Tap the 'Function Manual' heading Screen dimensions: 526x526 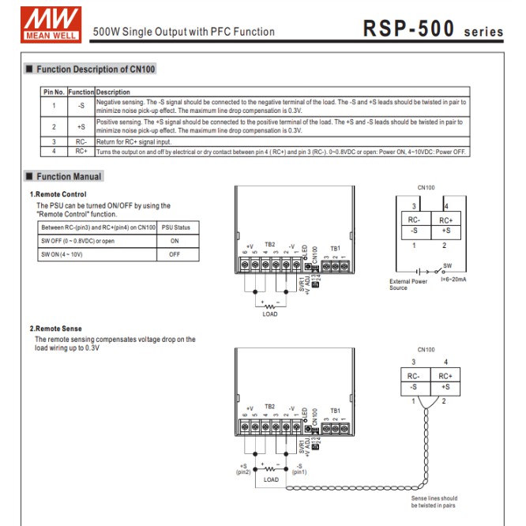click(69, 177)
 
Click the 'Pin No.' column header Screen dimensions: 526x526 click(54, 92)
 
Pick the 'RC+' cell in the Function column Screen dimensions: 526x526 click(81, 150)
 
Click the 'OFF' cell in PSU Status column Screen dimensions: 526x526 click(174, 254)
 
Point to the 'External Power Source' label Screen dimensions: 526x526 click(408, 284)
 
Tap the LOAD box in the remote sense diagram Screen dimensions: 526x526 click(271, 479)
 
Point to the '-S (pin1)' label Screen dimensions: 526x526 click(299, 469)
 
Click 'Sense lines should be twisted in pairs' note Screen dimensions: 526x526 click(434, 502)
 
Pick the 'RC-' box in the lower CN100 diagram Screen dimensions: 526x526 click(413, 377)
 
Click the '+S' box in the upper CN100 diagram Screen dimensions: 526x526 click(445, 231)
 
